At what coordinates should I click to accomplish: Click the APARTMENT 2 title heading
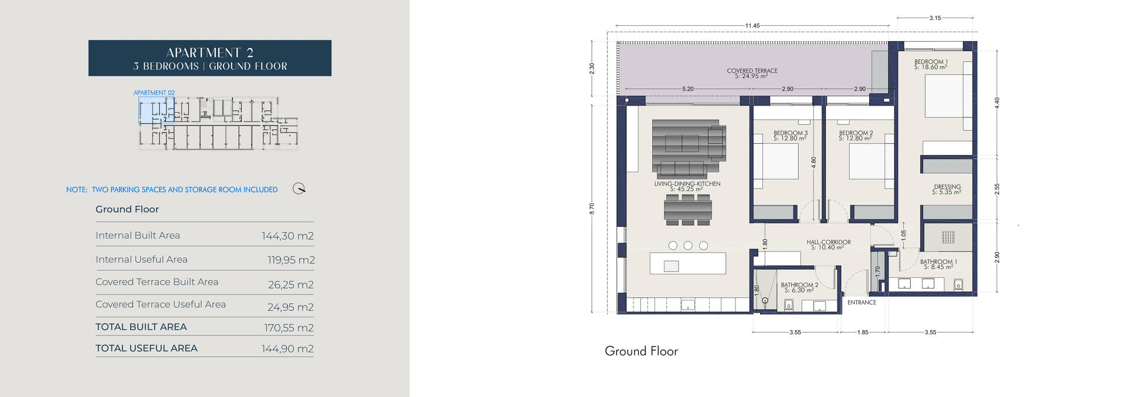pos(209,53)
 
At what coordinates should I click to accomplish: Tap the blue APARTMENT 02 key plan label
pos(154,93)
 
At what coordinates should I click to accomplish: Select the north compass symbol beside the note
pos(299,189)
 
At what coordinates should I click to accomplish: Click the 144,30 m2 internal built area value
pos(287,236)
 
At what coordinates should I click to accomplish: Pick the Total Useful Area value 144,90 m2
pos(287,348)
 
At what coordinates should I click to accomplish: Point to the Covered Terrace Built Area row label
pos(157,282)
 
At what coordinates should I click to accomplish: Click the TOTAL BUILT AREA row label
pos(141,327)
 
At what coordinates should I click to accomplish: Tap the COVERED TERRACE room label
pos(752,71)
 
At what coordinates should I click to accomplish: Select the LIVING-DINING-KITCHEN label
pos(687,184)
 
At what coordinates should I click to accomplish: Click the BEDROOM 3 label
pos(790,133)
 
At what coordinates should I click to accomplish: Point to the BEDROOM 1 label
pos(931,62)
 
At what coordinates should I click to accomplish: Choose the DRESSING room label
pos(947,187)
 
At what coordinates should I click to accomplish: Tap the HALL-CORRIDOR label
pos(828,242)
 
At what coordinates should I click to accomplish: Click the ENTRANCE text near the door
pos(862,303)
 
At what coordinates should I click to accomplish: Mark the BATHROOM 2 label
pos(799,285)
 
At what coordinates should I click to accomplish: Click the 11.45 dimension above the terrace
pos(752,26)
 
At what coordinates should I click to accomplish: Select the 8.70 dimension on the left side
pos(592,208)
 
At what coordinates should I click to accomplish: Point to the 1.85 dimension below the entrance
pos(863,332)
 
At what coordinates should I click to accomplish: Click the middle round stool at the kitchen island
pos(688,246)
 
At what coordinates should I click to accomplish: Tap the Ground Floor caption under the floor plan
pos(641,351)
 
